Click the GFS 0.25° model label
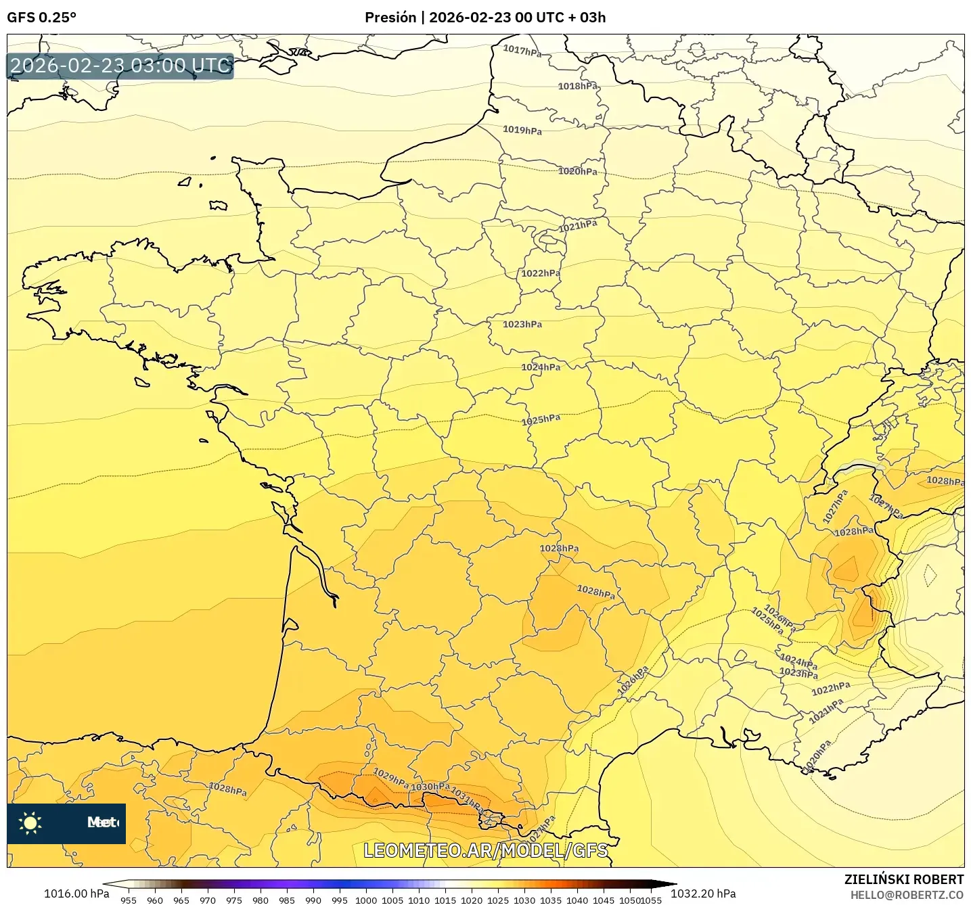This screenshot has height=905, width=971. [x=41, y=18]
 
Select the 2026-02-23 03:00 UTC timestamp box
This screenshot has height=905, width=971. [x=120, y=66]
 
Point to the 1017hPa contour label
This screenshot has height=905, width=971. [x=522, y=51]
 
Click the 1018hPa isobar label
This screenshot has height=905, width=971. [x=577, y=86]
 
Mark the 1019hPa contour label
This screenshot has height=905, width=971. [x=522, y=130]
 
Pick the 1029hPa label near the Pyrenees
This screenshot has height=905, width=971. [x=390, y=778]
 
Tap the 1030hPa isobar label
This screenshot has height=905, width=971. [x=430, y=787]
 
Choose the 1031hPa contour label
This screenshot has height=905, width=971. [x=467, y=799]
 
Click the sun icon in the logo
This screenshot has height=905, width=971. [x=30, y=823]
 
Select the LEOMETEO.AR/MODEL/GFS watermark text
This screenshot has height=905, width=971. [x=485, y=850]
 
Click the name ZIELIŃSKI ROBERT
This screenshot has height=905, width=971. [x=903, y=879]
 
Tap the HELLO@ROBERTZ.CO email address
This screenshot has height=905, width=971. [x=907, y=895]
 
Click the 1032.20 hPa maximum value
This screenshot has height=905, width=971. [x=703, y=894]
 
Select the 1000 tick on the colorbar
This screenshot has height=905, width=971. [x=366, y=900]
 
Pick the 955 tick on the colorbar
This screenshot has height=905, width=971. [x=128, y=900]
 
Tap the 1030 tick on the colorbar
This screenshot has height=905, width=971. [x=524, y=900]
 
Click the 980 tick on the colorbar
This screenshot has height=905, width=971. [x=261, y=900]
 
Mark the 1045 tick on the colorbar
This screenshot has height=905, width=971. [x=604, y=900]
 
